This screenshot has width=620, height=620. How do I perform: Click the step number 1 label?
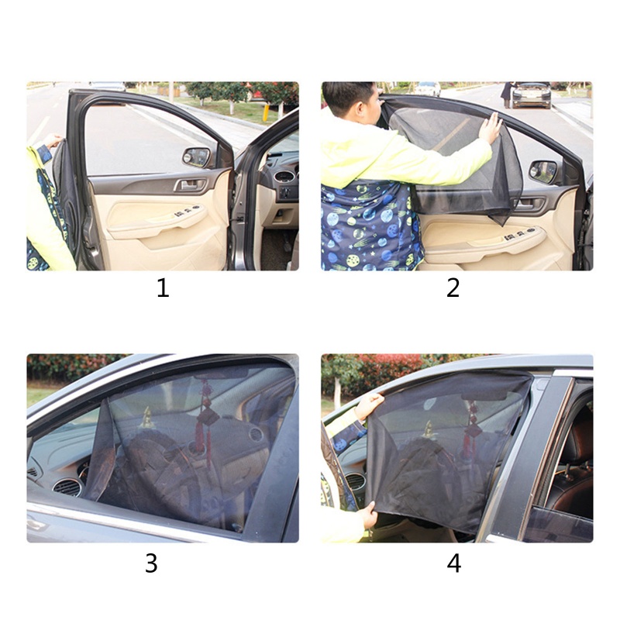pyautogui.click(x=162, y=288)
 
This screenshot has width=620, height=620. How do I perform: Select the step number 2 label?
pyautogui.click(x=453, y=288)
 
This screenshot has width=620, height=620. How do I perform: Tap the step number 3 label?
pyautogui.click(x=151, y=563)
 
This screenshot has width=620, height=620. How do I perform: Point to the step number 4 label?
pyautogui.click(x=454, y=563)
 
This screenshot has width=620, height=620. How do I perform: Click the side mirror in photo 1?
pyautogui.click(x=197, y=157)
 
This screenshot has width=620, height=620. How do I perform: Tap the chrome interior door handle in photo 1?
pyautogui.click(x=188, y=185)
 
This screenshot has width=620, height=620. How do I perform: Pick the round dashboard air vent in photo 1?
pyautogui.click(x=284, y=177)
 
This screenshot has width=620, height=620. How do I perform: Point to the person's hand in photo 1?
pyautogui.click(x=52, y=141)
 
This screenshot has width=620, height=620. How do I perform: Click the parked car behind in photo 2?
pyautogui.click(x=532, y=94)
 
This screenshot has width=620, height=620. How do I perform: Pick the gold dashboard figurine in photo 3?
pyautogui.click(x=146, y=418)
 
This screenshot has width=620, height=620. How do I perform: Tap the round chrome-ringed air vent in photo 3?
pyautogui.click(x=67, y=487)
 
